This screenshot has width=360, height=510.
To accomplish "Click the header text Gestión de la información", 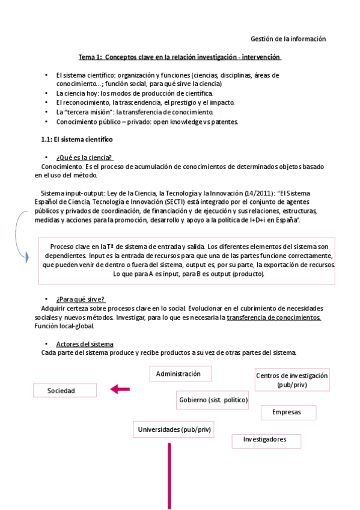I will (x=287, y=38).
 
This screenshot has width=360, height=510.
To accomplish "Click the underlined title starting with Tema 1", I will (x=180, y=57).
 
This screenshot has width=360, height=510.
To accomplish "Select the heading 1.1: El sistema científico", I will (x=76, y=139).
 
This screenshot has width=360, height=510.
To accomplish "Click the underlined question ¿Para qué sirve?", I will (x=81, y=299).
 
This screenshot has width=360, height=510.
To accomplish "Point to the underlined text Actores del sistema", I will (x=84, y=344).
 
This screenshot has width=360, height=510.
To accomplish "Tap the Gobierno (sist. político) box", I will (x=213, y=399).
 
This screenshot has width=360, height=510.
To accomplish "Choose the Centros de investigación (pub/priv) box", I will (x=291, y=379).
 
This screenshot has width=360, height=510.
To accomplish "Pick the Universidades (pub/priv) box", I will (x=174, y=429).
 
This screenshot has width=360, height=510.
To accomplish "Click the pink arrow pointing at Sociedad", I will (x=120, y=390).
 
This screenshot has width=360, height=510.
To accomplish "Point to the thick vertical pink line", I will (x=169, y=475).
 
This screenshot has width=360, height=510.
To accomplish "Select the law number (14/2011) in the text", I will (x=258, y=193).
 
